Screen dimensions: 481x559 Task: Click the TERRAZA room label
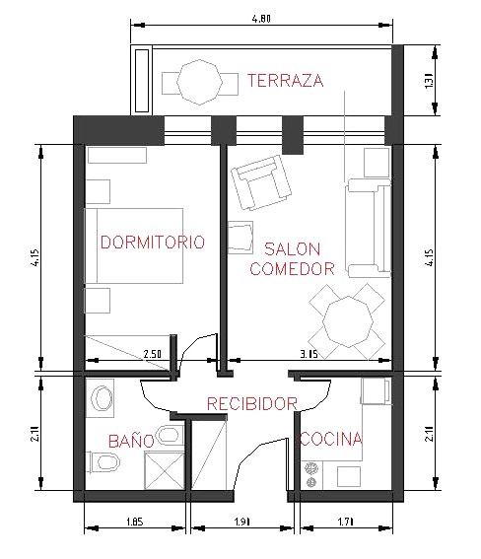pos(286,80)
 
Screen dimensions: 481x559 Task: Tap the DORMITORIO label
pos(153,243)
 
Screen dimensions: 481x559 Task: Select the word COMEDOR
pos(292,269)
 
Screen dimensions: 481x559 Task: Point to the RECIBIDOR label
pos(252,404)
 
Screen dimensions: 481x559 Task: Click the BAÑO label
pos(131,441)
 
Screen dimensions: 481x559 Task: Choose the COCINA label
pos(330,439)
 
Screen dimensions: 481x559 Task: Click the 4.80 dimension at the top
pos(261,19)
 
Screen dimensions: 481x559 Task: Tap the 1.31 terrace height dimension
pos(429,81)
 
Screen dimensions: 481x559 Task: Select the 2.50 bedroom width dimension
pos(152,354)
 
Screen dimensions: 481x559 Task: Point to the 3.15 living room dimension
pos(309,354)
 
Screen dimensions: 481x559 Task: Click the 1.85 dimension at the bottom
pos(135,522)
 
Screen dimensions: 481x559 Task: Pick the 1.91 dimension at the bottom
pos(241,522)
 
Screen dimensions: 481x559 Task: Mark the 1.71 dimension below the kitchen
pos(345,522)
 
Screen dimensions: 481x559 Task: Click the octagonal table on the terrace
pos(200,83)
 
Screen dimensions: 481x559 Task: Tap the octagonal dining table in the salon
pos(348,322)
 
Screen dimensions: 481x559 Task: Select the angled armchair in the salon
pos(261,183)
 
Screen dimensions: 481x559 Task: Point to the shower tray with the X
pos(165,470)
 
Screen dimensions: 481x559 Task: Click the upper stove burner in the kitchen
pos(311,468)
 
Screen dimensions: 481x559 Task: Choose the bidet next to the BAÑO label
pos(170,435)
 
